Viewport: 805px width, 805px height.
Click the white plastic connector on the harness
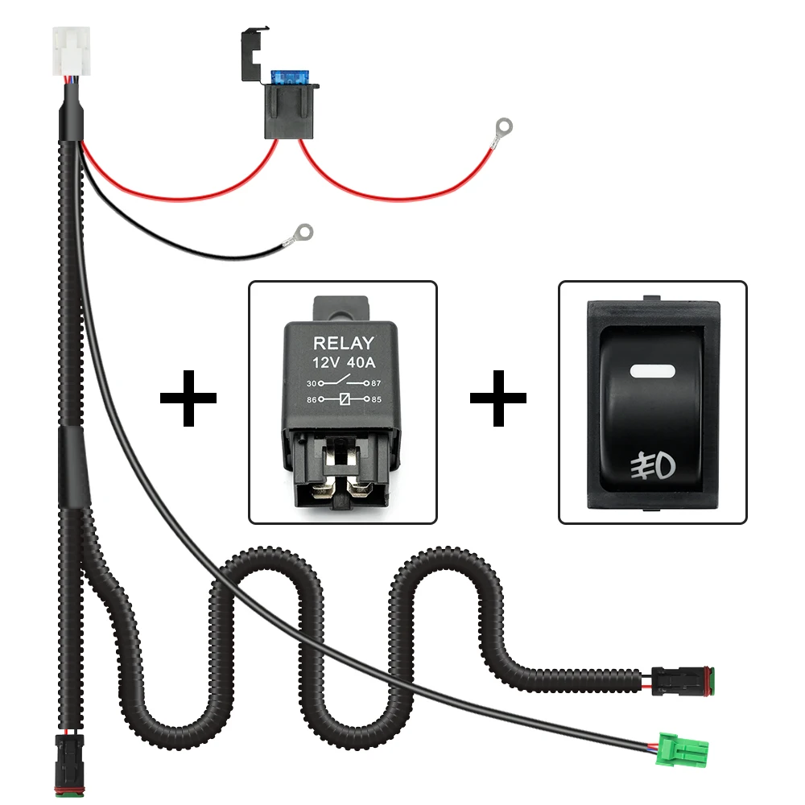[71, 50]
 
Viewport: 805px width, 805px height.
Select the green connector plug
[679, 749]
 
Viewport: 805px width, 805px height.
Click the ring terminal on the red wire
[504, 126]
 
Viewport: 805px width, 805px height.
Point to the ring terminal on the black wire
[303, 233]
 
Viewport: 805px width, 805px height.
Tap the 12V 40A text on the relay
[343, 362]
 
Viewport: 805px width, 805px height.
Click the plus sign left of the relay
[188, 398]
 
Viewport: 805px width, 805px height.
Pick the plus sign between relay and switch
[498, 398]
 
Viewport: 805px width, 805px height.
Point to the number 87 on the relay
[376, 383]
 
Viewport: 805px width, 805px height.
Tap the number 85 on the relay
[376, 398]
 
